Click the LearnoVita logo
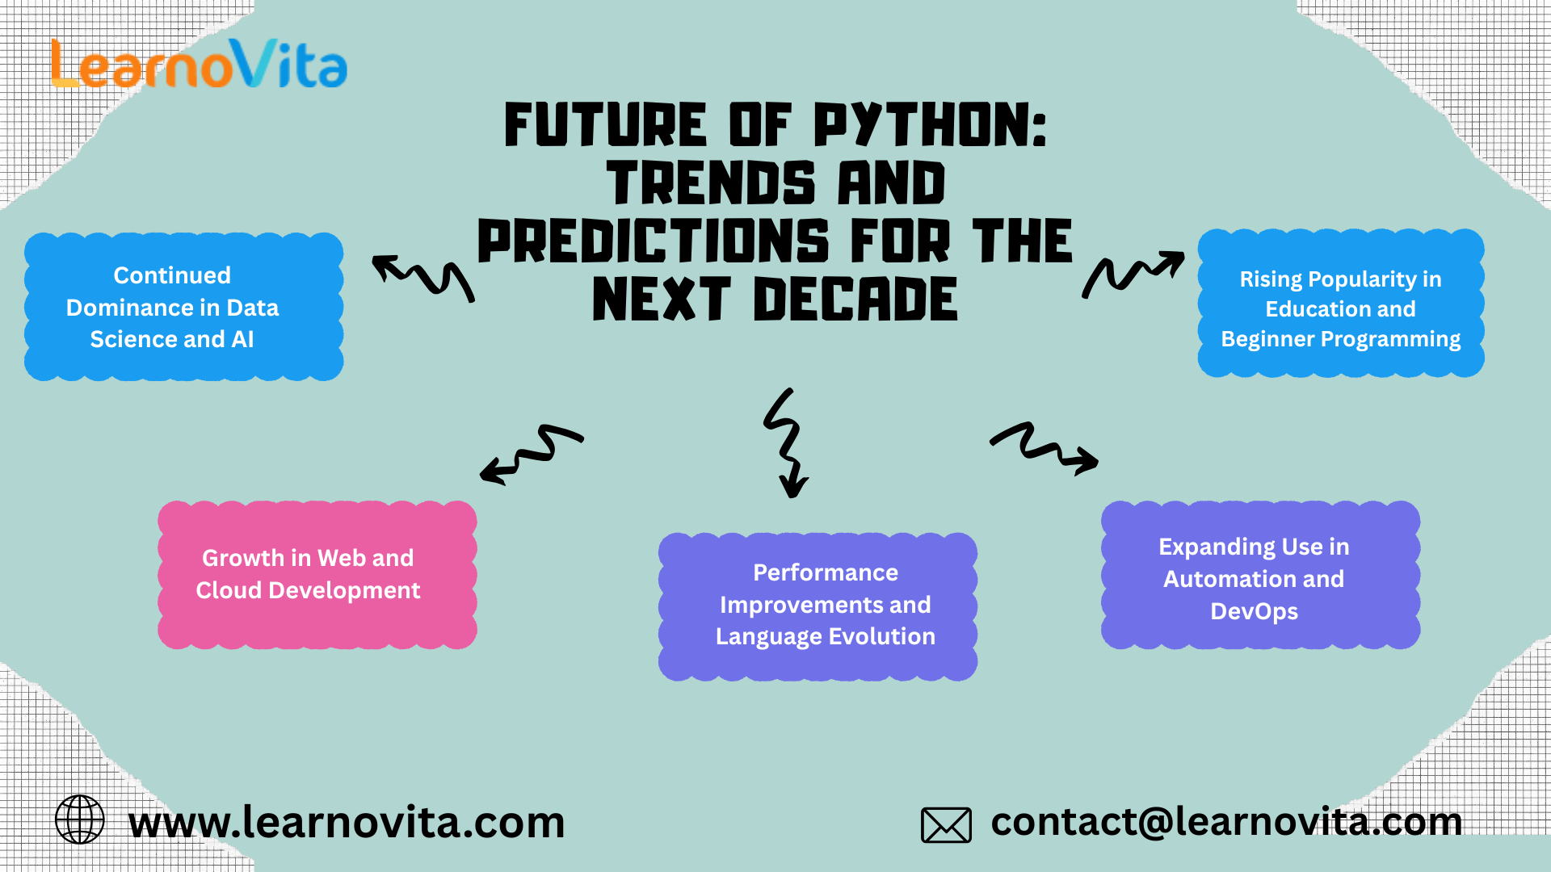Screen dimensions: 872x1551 (199, 65)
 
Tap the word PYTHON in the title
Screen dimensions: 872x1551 (929, 126)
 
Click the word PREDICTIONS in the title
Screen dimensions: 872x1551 (653, 241)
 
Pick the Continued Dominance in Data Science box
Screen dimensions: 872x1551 (183, 307)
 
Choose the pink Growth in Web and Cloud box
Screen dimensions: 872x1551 (317, 575)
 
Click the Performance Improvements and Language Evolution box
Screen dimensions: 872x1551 (818, 606)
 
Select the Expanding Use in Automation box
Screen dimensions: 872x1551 (1260, 575)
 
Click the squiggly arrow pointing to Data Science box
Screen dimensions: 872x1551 (423, 278)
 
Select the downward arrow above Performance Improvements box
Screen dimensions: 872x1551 (787, 444)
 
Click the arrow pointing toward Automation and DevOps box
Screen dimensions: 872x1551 (1044, 449)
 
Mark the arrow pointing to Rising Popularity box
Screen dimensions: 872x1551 (1133, 275)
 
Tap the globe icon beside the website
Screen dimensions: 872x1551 (79, 820)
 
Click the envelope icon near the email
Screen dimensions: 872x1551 (946, 825)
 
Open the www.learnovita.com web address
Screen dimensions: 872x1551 (347, 823)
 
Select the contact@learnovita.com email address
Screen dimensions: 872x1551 (1226, 822)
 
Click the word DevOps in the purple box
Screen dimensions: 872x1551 (1254, 611)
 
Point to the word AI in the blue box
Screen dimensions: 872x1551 (242, 339)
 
